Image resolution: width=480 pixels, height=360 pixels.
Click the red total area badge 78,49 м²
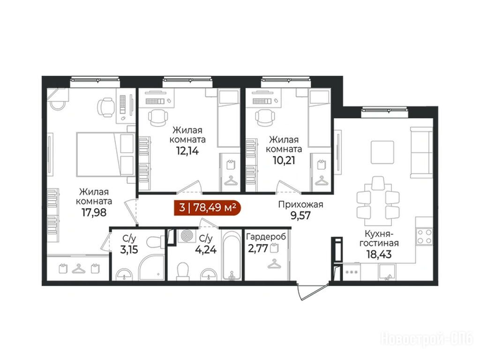tap(208, 208)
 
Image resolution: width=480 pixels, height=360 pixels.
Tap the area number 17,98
tap(94, 212)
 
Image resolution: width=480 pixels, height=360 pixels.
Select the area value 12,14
tap(187, 150)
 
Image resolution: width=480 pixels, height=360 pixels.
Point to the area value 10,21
tap(284, 160)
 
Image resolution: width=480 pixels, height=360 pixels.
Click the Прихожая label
tap(300, 204)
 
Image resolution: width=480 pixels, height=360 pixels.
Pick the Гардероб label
tap(266, 237)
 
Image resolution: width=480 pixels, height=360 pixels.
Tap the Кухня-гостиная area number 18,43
tap(379, 254)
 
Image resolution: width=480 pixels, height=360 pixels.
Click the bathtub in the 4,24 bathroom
tap(232, 255)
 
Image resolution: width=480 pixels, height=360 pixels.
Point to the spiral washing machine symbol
tap(187, 236)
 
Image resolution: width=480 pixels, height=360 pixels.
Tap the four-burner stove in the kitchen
tap(424, 237)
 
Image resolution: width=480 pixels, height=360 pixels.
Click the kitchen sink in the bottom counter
tap(387, 272)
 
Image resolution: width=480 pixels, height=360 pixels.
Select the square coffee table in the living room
tap(382, 152)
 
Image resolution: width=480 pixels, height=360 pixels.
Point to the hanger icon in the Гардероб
tap(274, 263)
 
